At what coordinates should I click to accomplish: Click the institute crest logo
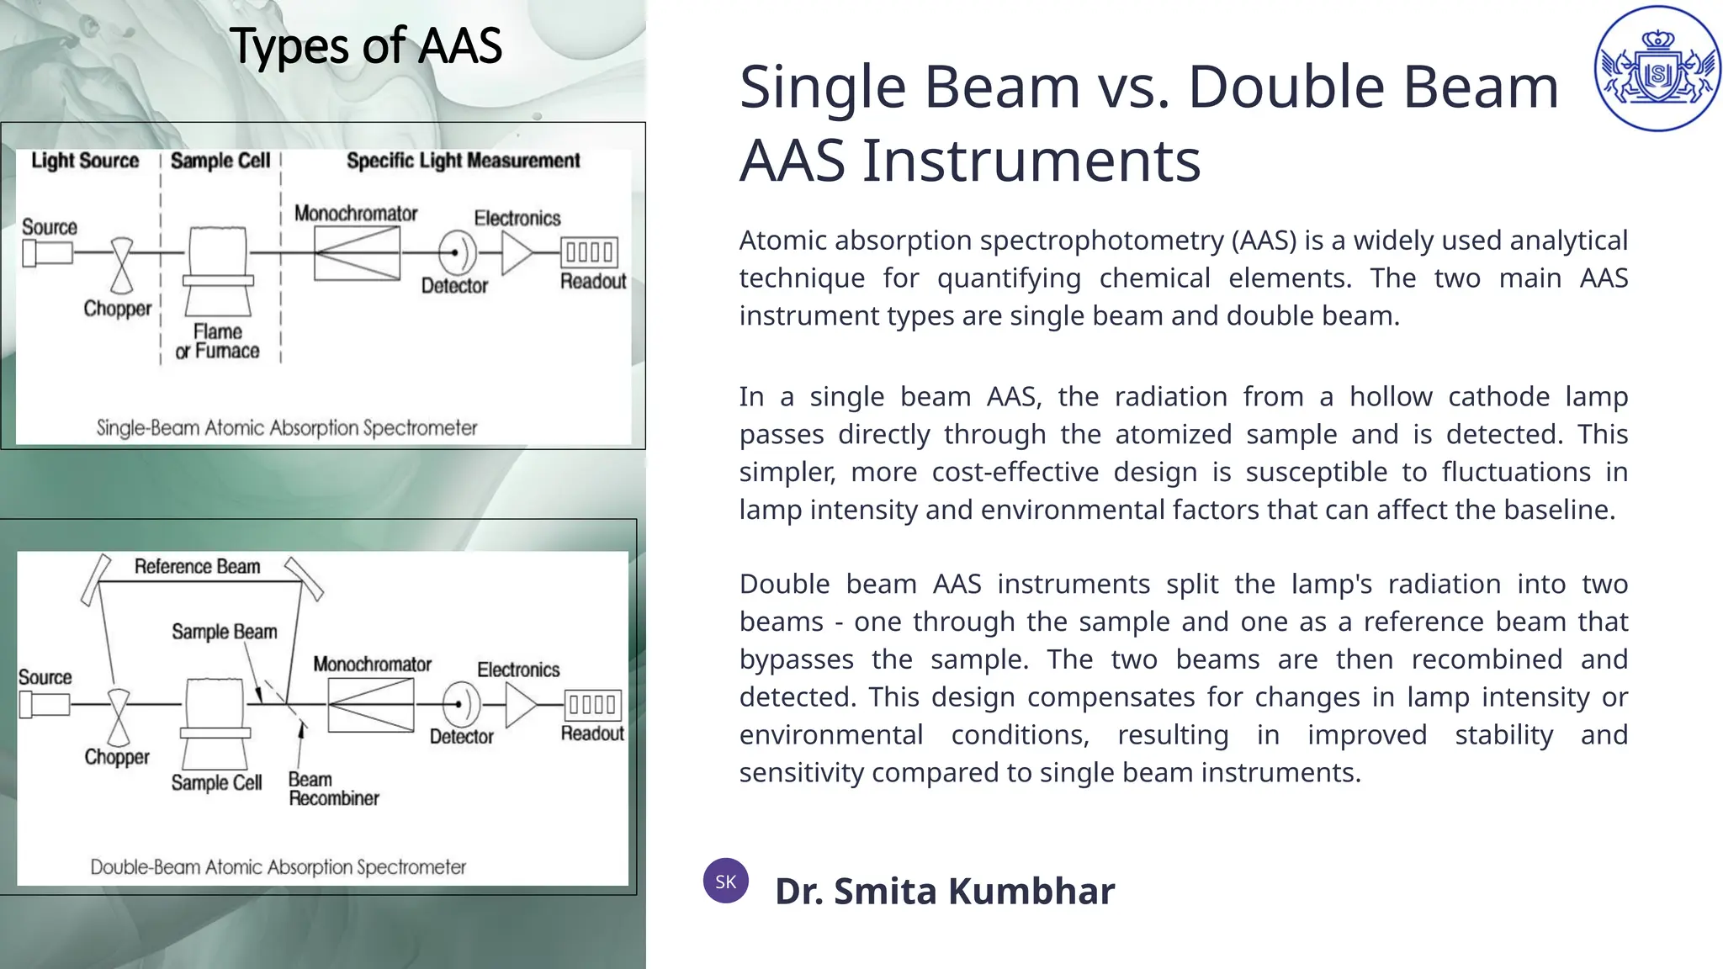click(1657, 68)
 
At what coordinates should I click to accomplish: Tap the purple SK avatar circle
click(726, 881)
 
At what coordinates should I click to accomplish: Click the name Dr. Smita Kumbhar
click(944, 892)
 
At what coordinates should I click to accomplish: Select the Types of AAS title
click(365, 45)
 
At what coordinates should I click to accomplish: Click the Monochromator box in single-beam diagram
click(357, 253)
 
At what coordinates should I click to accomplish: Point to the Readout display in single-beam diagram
click(589, 252)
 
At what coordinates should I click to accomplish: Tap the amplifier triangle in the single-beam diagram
click(516, 252)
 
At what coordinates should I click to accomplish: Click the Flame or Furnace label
click(217, 342)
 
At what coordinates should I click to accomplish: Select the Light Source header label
click(85, 161)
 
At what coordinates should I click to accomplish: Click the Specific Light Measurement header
click(463, 161)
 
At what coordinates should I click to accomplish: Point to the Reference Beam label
click(197, 567)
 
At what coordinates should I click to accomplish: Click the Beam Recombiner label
click(333, 789)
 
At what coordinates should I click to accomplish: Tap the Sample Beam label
click(224, 632)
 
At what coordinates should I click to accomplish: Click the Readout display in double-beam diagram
click(592, 704)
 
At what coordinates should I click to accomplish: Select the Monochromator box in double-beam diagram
click(371, 705)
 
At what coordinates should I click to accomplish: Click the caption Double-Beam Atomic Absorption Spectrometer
click(278, 867)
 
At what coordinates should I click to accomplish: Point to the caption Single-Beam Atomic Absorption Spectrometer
click(286, 428)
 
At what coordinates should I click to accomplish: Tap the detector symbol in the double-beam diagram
click(461, 704)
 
